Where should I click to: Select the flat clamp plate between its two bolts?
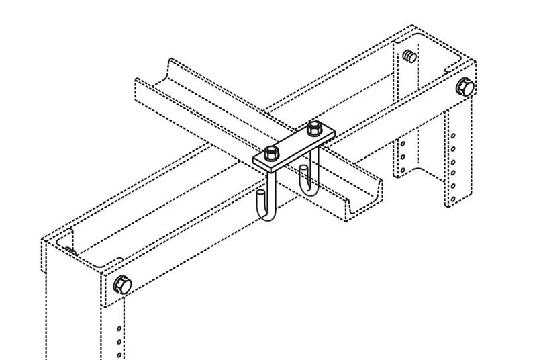pos(293,144)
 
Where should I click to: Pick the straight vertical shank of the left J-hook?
pos(274,188)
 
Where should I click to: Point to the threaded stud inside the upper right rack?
pos(408,55)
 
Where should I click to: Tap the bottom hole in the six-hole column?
pos(453,199)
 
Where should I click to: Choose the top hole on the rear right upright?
pos(404,142)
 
